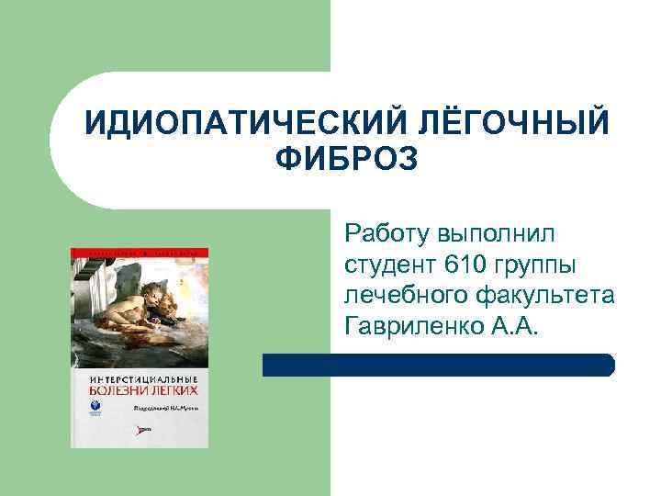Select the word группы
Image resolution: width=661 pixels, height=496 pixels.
click(x=536, y=266)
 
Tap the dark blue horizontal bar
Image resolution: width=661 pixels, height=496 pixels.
click(x=438, y=365)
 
